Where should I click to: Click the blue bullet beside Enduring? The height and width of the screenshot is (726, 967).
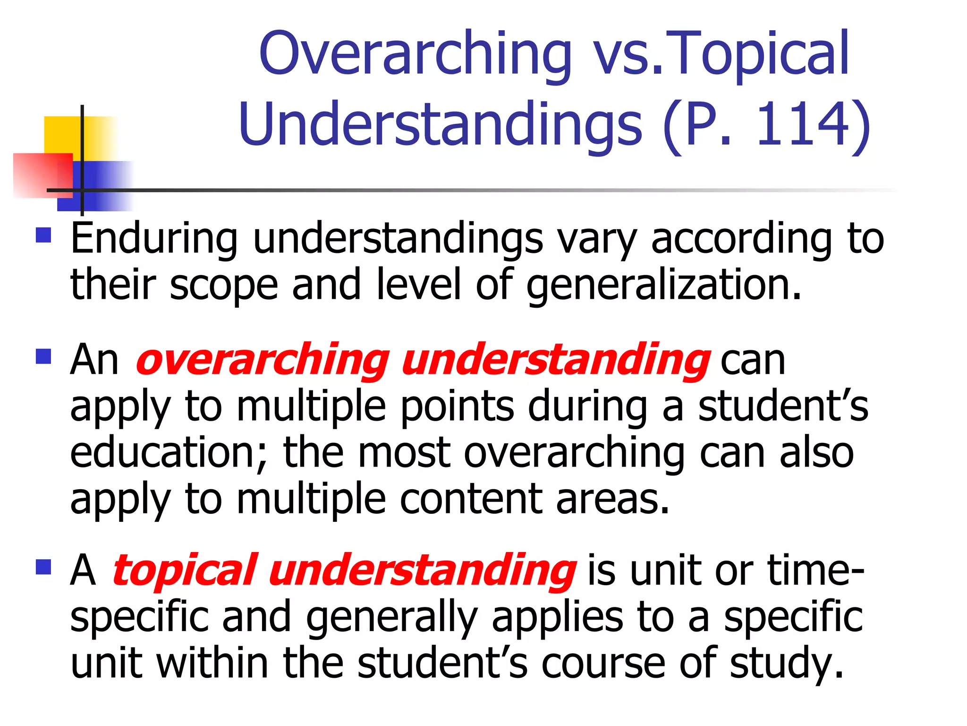click(43, 235)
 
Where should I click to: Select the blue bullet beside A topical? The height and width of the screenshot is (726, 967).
click(43, 567)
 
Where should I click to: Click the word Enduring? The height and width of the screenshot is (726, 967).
click(154, 238)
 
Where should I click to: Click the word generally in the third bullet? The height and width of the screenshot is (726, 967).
click(392, 618)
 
